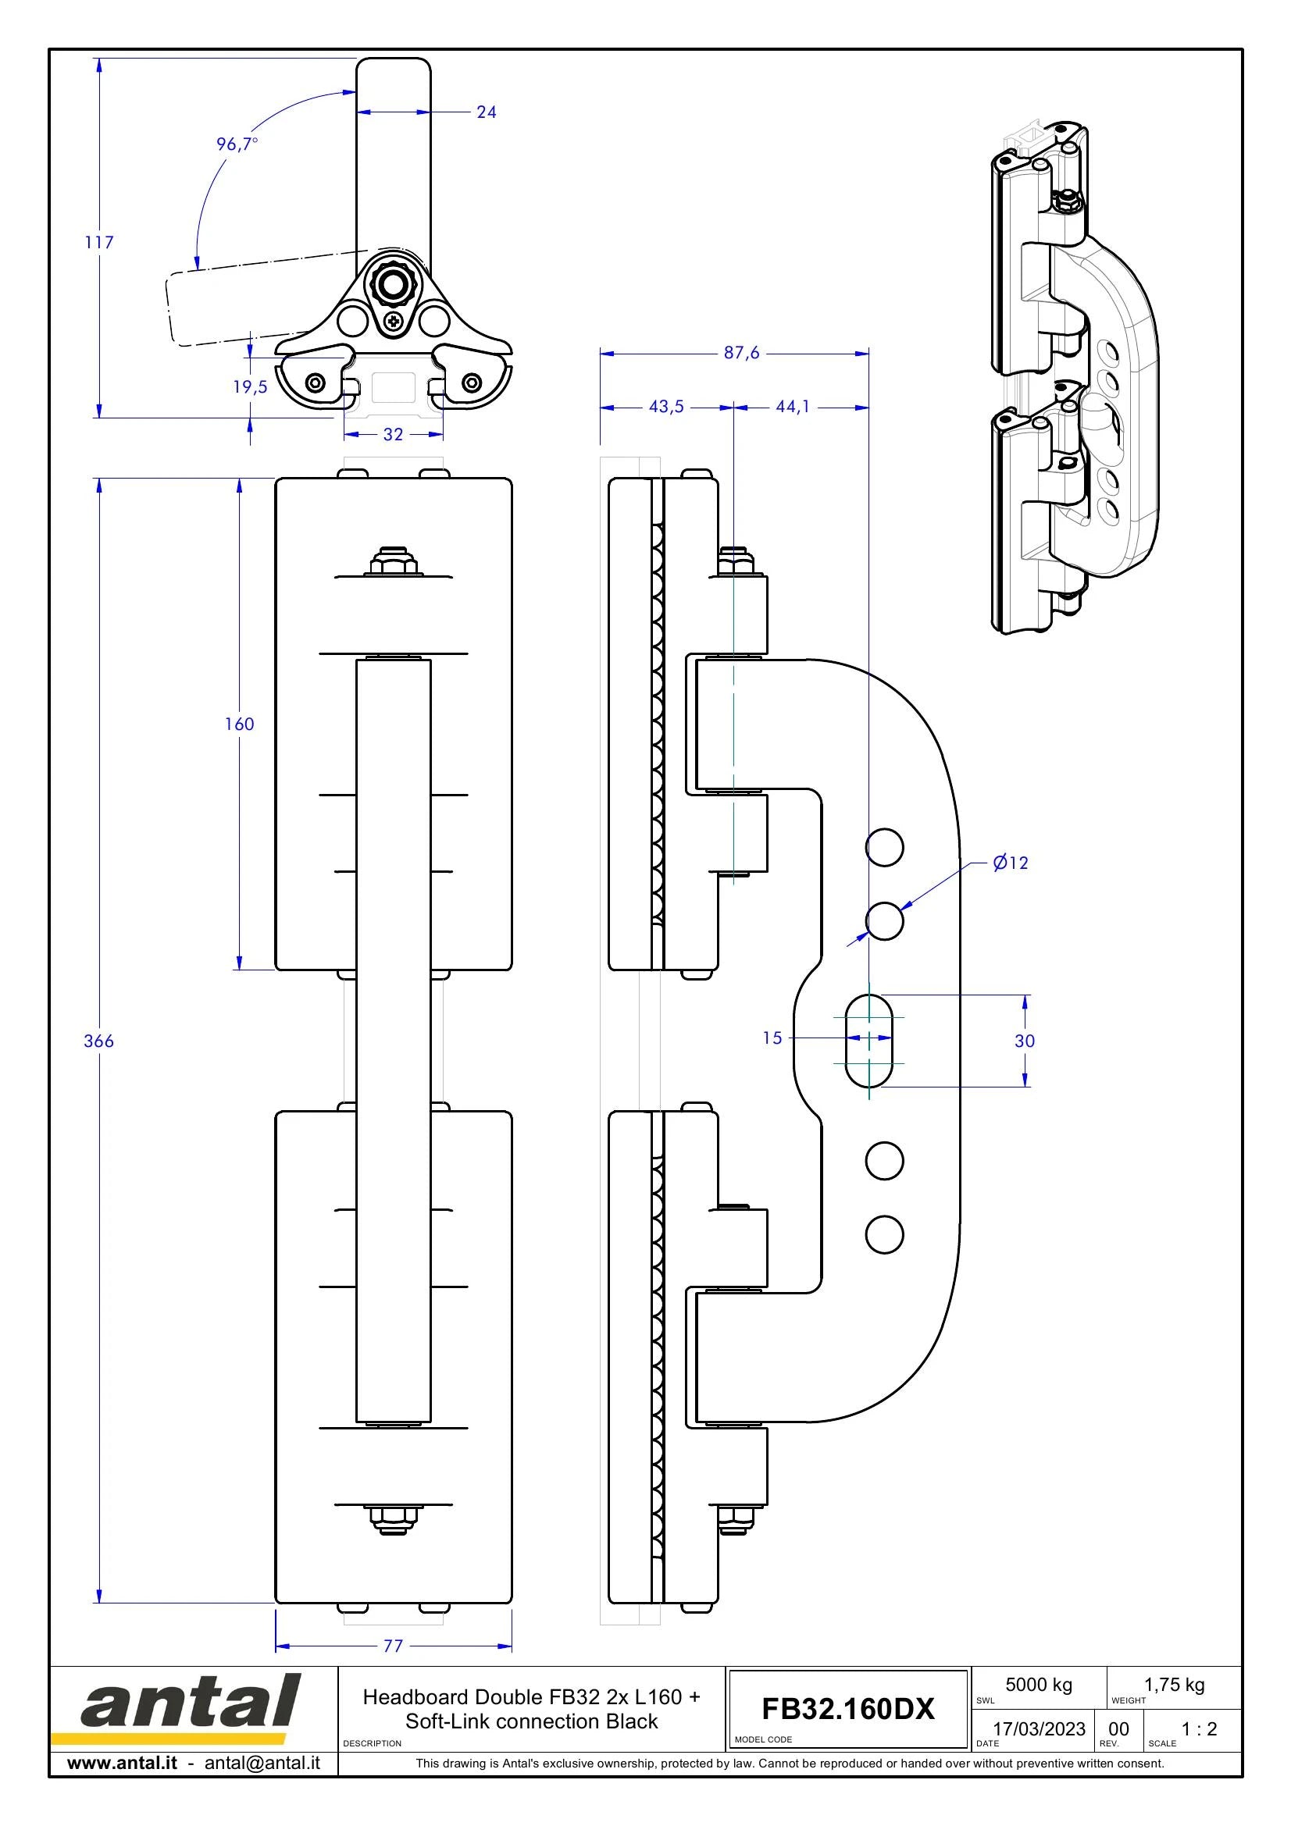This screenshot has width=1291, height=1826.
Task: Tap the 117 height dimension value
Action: (x=99, y=242)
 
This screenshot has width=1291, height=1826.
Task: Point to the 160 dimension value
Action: (x=239, y=724)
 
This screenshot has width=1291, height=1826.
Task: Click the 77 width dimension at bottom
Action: (x=393, y=1646)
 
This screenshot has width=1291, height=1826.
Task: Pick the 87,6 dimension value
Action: (x=741, y=352)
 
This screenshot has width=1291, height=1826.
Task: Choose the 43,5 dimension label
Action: (x=665, y=407)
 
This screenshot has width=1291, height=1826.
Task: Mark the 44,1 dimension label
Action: (x=792, y=407)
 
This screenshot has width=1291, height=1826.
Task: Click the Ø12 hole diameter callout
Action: (x=1010, y=862)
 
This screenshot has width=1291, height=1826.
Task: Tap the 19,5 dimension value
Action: (x=250, y=386)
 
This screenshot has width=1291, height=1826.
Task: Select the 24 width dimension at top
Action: (x=486, y=112)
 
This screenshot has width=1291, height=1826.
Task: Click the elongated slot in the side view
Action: (x=868, y=1040)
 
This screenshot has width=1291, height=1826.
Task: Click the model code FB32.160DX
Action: (x=848, y=1708)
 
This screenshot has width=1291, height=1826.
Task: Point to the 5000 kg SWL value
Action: (x=1039, y=1685)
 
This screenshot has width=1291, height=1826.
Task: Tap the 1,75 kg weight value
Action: (x=1174, y=1685)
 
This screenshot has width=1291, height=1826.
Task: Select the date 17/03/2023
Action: (x=1039, y=1729)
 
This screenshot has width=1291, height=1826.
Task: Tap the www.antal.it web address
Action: (x=122, y=1764)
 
